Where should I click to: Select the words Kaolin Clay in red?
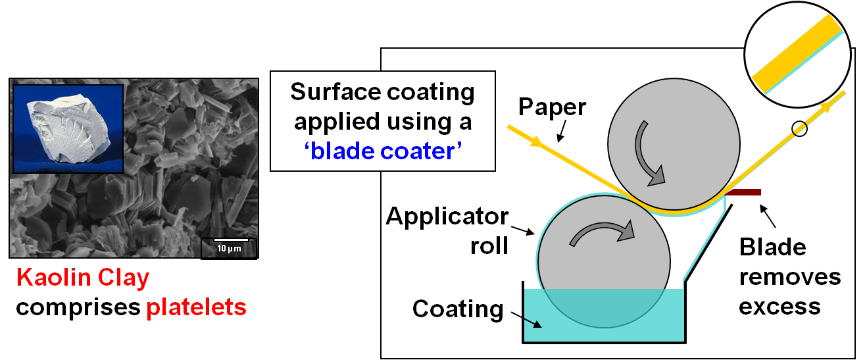83,278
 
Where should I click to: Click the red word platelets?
196,307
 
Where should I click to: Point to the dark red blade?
743,192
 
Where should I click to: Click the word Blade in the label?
772,247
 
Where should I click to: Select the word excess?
779,306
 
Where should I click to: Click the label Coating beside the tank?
457,308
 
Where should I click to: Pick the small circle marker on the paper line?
799,128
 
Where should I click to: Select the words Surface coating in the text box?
382,92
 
